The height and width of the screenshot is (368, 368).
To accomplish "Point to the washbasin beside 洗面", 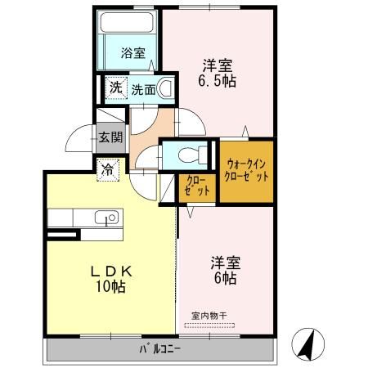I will click(x=166, y=88).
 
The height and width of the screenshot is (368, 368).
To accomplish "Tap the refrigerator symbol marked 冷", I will click(x=108, y=171).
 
